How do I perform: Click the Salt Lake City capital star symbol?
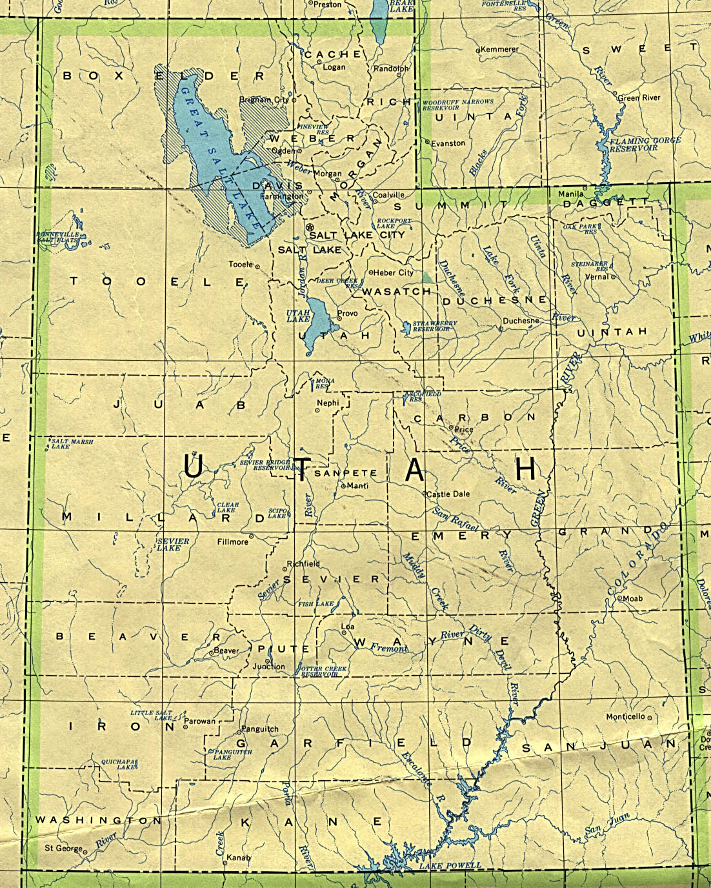click(309, 228)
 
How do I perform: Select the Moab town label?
click(632, 598)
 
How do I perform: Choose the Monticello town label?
click(625, 716)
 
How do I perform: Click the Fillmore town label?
click(232, 541)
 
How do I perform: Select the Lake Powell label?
click(450, 865)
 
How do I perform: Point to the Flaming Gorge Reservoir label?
click(628, 143)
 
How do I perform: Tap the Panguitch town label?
click(259, 729)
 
